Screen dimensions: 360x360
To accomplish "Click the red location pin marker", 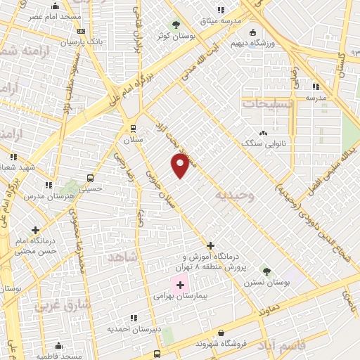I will (181, 166).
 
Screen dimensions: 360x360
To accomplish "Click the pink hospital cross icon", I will (180, 285).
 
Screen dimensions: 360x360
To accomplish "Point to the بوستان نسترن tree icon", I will (266, 270).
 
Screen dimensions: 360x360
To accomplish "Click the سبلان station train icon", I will (132, 128).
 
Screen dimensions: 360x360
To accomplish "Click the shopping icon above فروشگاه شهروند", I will (221, 333).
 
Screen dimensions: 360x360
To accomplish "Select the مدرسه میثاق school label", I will (224, 21).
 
